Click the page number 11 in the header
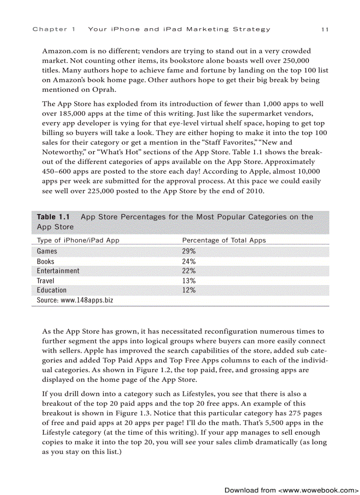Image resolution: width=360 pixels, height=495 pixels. pyautogui.click(x=325, y=30)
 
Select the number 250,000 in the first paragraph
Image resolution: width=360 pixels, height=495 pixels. pyautogui.click(x=294, y=61)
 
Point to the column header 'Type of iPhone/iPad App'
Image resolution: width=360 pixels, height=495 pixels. pyautogui.click(x=78, y=240)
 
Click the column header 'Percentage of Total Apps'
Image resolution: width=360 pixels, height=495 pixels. pyautogui.click(x=224, y=240)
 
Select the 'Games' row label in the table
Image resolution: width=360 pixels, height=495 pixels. pyautogui.click(x=47, y=251)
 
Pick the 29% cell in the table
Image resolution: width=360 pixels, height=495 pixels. pyautogui.click(x=189, y=251)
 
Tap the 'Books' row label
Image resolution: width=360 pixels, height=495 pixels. pyautogui.click(x=46, y=261)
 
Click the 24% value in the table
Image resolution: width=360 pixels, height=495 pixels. pyautogui.click(x=189, y=261)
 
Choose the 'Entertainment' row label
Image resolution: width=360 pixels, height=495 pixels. pyautogui.click(x=58, y=271)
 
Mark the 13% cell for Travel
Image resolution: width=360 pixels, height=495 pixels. pyautogui.click(x=189, y=281)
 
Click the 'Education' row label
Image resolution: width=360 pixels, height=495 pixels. pyautogui.click(x=52, y=290)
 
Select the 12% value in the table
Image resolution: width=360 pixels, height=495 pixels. pyautogui.click(x=189, y=290)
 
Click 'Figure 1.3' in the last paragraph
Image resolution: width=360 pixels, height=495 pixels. pyautogui.click(x=131, y=413)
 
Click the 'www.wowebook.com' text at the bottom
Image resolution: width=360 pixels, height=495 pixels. pyautogui.click(x=318, y=490)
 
